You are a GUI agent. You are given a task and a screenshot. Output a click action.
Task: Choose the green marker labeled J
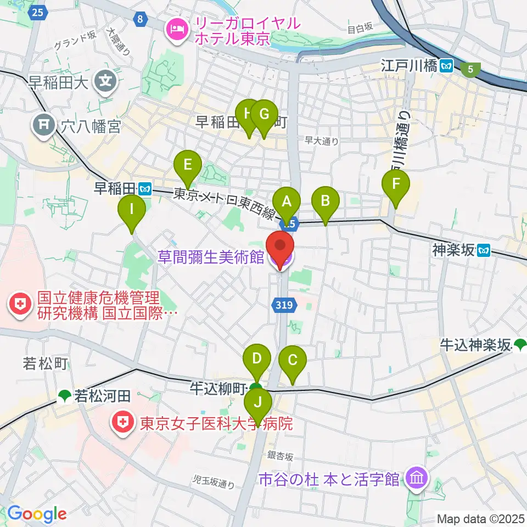257,405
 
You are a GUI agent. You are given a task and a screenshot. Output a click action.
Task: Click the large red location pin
281,248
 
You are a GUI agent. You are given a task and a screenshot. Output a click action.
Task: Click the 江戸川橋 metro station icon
447,66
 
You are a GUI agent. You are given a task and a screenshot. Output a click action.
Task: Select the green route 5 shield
470,70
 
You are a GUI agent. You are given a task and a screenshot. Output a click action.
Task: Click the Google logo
37,514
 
